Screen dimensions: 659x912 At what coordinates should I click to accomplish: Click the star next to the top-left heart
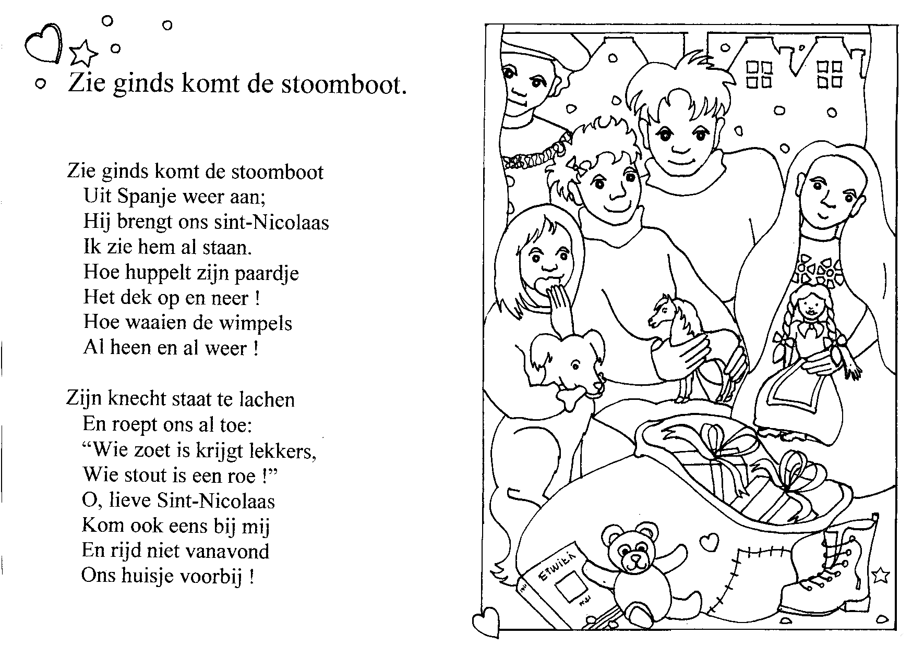83,52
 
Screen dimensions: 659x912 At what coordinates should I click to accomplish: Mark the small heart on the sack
708,543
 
